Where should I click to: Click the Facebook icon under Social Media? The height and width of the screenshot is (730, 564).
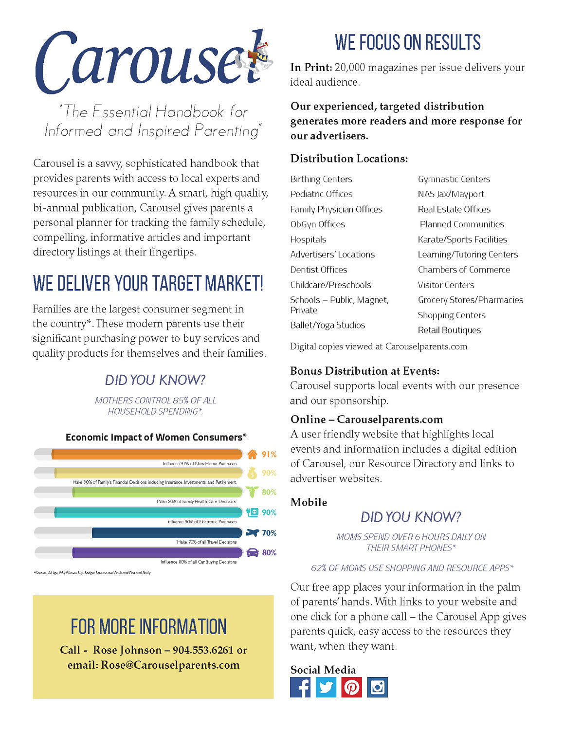coord(300,687)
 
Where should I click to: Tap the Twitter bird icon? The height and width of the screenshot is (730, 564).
coord(326,687)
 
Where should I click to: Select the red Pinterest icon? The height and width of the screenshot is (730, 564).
coord(351,687)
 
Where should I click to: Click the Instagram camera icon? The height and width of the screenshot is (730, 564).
coord(377,687)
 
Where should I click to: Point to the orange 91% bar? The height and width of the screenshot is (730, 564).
coord(147,454)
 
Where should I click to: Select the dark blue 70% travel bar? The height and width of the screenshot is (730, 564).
coord(167,533)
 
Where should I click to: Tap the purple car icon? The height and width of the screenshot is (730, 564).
coord(252,552)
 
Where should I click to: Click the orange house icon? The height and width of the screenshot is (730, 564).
coord(252,455)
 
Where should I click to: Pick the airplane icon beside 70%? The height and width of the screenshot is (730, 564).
coord(252,533)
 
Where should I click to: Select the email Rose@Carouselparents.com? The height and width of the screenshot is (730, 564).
coord(170,665)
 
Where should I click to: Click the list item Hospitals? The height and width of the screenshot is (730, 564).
coord(308,239)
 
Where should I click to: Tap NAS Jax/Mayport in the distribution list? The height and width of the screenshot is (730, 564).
coord(451,194)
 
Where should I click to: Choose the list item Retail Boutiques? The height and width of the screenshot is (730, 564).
coord(449,330)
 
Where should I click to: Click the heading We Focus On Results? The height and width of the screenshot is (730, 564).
coord(407,43)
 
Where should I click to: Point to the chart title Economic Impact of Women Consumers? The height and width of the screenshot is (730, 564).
coord(156,437)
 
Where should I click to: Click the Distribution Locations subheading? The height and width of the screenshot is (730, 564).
coord(349,159)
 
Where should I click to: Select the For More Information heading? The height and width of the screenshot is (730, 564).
coord(148,627)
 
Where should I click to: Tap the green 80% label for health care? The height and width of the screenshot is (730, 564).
coord(269,492)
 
